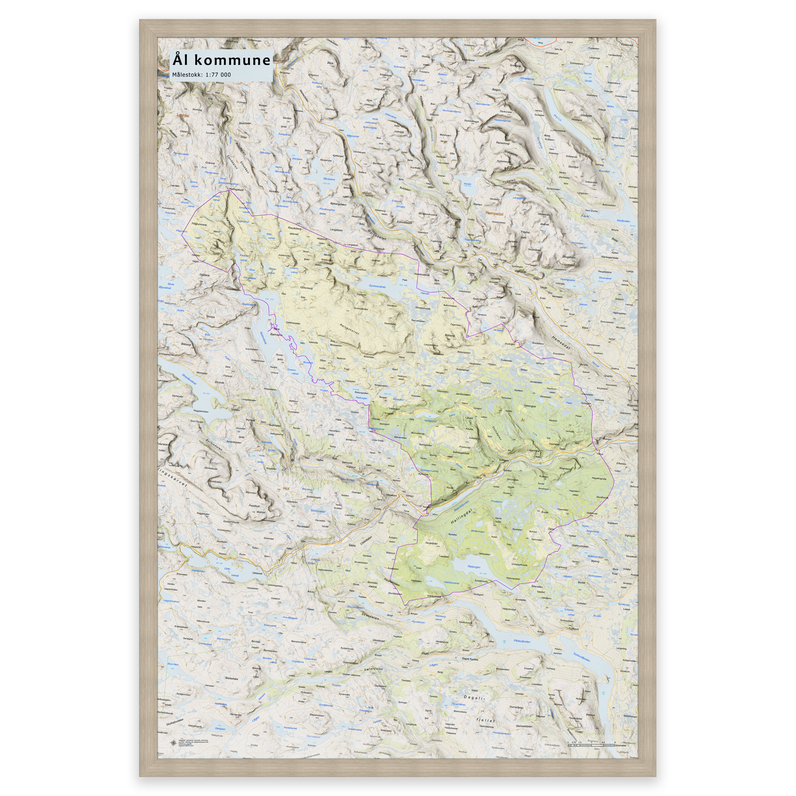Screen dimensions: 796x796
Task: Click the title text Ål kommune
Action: (x=221, y=60)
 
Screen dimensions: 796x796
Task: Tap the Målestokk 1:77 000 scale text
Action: (x=201, y=75)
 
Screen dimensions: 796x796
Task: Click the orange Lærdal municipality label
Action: (x=182, y=116)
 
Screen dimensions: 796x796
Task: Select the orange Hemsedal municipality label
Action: (x=494, y=214)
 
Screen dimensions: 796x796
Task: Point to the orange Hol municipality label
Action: (x=287, y=488)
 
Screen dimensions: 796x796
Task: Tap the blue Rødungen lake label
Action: (x=474, y=567)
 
